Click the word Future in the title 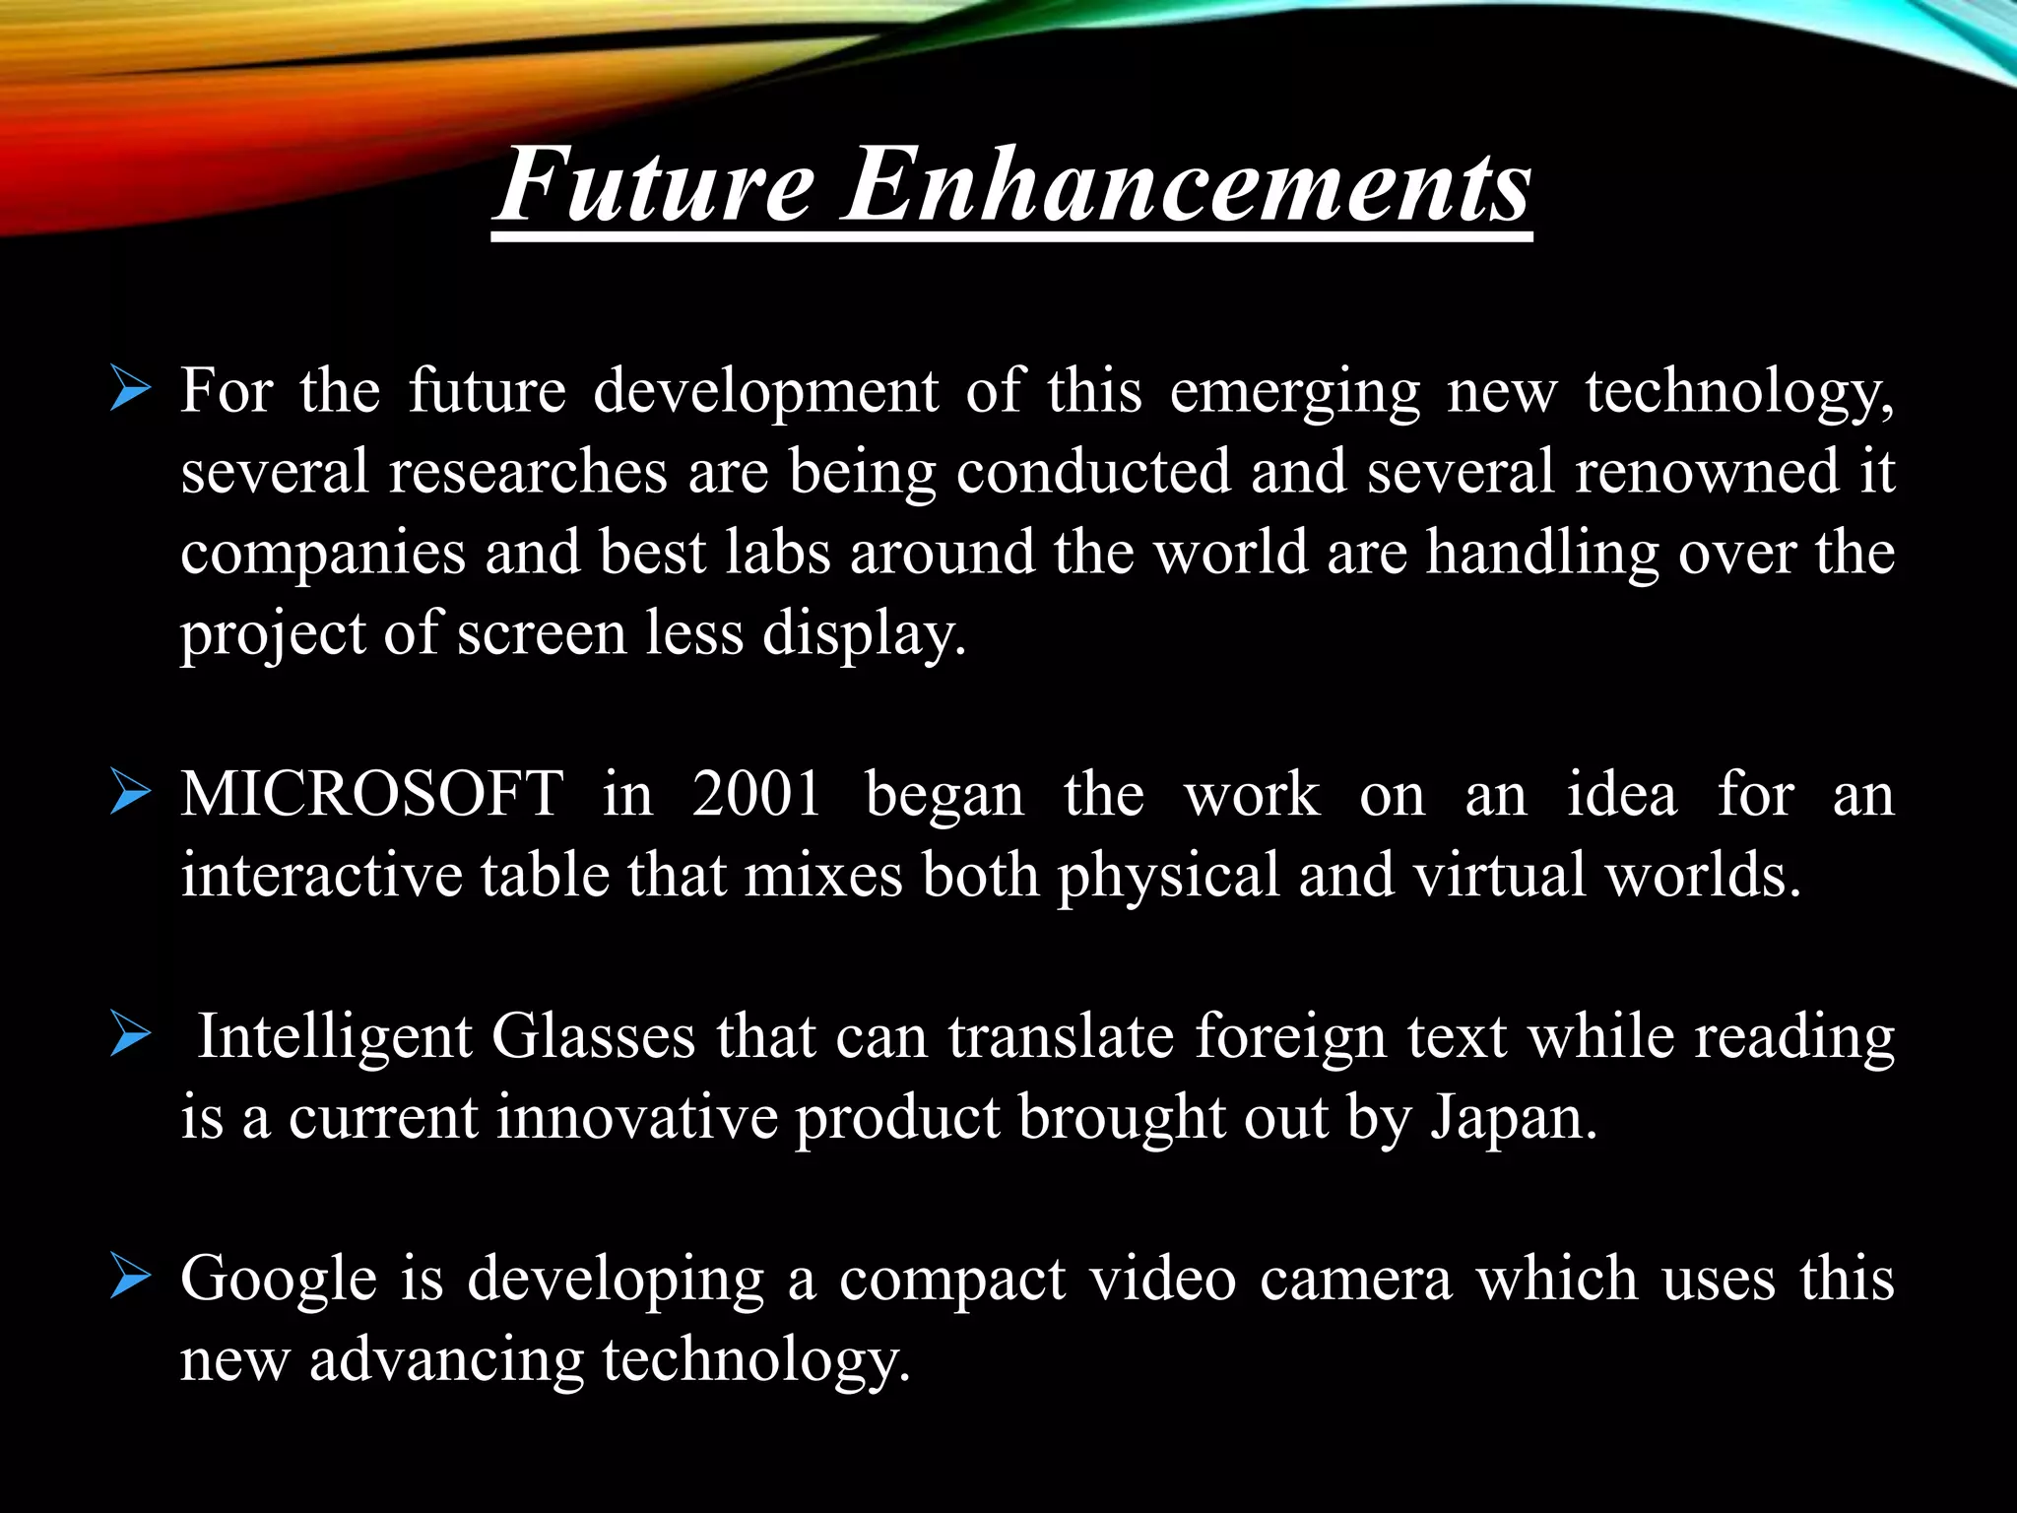click(x=655, y=185)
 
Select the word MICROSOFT click(x=372, y=794)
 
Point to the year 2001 click(x=756, y=794)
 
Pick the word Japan click(x=1513, y=1119)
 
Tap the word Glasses click(x=593, y=1038)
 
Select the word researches click(x=528, y=472)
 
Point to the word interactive click(x=321, y=875)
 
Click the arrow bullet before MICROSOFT click(x=131, y=793)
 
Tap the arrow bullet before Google click(x=131, y=1278)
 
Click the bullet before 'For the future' click(x=131, y=390)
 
